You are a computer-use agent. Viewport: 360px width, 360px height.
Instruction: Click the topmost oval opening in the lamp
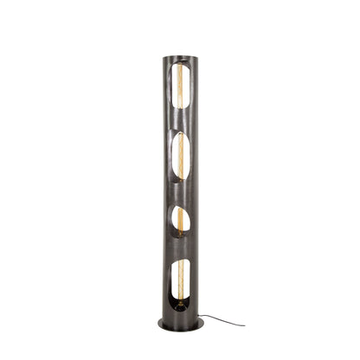point(180,91)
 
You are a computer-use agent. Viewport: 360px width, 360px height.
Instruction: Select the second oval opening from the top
point(181,156)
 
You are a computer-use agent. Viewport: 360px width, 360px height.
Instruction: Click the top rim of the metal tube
point(180,57)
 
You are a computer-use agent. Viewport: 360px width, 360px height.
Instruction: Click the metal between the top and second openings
point(180,123)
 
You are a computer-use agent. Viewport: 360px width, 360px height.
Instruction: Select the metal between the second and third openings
point(180,192)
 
